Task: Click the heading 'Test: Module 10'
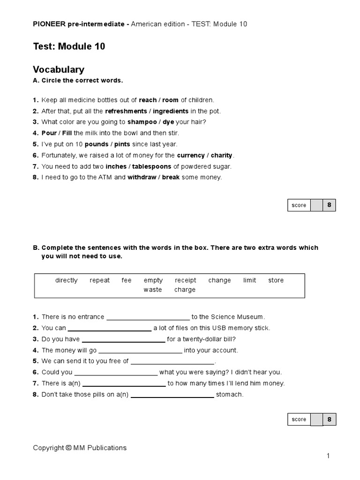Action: click(x=69, y=46)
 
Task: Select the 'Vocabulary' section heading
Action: click(x=59, y=70)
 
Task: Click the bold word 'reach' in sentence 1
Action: click(x=148, y=100)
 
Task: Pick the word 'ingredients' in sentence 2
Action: click(x=171, y=111)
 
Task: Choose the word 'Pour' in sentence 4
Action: click(x=49, y=133)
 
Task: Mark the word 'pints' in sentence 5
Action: click(x=122, y=144)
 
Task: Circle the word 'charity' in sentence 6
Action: click(x=222, y=155)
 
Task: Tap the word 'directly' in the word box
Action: click(x=67, y=280)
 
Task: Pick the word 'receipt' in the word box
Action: click(x=186, y=280)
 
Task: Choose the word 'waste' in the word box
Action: click(x=153, y=290)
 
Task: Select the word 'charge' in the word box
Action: click(x=185, y=290)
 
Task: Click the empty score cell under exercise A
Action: click(x=317, y=205)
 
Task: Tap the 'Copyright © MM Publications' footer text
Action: click(x=80, y=448)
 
